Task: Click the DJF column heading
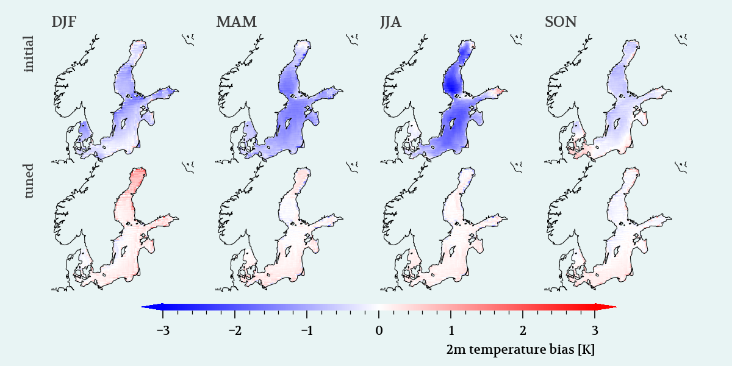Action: pyautogui.click(x=64, y=22)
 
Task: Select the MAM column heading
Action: pyautogui.click(x=236, y=22)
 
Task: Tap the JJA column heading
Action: pyautogui.click(x=390, y=22)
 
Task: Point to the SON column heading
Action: pyautogui.click(x=561, y=22)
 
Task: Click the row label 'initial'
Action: pyautogui.click(x=29, y=54)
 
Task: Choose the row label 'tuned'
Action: pyautogui.click(x=29, y=181)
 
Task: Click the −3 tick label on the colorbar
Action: pyautogui.click(x=163, y=331)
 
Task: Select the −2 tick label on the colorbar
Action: pyautogui.click(x=235, y=331)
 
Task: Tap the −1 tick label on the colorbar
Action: pyautogui.click(x=307, y=331)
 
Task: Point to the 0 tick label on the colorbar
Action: pyautogui.click(x=379, y=331)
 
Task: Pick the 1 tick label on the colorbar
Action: pyautogui.click(x=451, y=331)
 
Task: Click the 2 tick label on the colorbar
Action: pyautogui.click(x=523, y=331)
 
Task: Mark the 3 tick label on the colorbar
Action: pyautogui.click(x=595, y=331)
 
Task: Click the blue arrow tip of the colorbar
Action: pyautogui.click(x=142, y=307)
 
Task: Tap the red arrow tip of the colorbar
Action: pyautogui.click(x=616, y=307)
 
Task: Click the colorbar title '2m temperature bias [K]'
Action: pyautogui.click(x=520, y=350)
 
